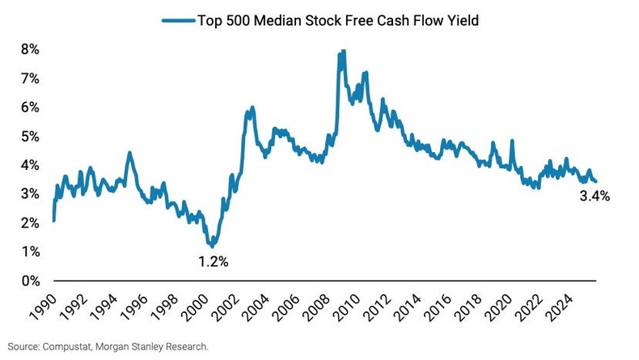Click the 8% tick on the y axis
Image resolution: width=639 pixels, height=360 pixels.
29,49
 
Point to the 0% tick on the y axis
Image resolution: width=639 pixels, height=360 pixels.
29,281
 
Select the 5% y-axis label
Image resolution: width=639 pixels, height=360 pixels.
29,136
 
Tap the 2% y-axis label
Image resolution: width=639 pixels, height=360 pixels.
29,222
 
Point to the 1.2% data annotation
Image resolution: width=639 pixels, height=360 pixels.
214,261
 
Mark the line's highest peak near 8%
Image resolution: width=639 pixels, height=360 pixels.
343,51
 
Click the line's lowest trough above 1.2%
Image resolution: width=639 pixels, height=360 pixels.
212,245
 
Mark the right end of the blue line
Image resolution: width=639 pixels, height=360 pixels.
596,181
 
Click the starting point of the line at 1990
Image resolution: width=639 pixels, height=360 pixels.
53,219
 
